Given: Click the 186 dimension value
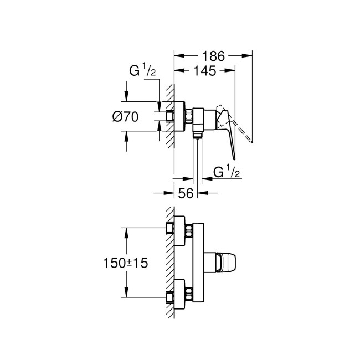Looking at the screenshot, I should [x=213, y=55].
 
